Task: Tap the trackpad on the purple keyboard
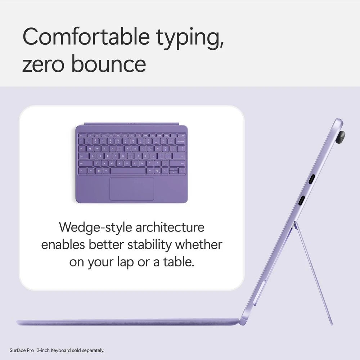point(132,188)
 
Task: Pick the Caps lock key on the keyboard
point(82,156)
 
